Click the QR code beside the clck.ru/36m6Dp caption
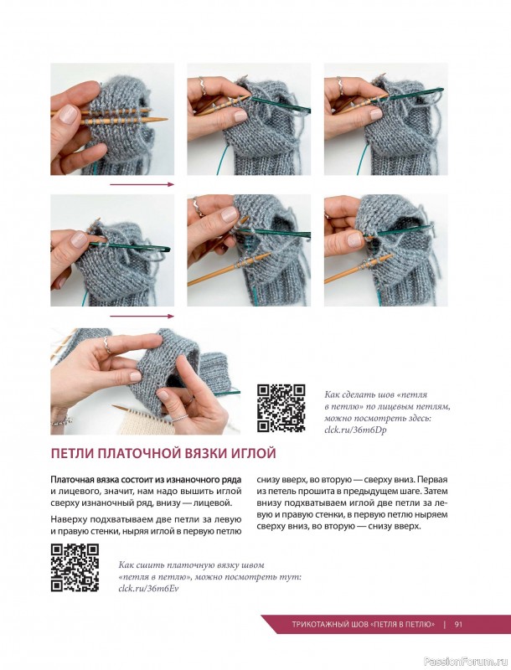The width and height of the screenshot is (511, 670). click(x=281, y=408)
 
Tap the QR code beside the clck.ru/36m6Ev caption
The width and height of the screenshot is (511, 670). click(x=75, y=568)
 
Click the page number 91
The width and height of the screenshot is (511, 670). click(x=458, y=624)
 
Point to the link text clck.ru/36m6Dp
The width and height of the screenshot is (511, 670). click(x=355, y=430)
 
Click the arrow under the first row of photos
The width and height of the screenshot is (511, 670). click(x=142, y=184)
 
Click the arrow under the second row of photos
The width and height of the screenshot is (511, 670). click(x=142, y=317)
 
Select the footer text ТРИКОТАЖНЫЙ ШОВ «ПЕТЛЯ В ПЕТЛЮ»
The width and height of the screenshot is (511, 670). click(x=364, y=624)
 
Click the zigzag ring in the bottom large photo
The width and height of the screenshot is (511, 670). click(x=106, y=344)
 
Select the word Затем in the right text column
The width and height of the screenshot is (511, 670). click(x=436, y=491)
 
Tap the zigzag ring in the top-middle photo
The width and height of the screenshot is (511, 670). click(x=203, y=86)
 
